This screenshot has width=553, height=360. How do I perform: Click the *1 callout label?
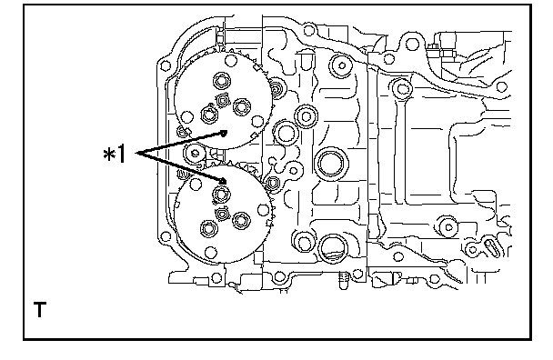click(x=115, y=155)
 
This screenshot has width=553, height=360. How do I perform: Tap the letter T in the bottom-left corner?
click(x=39, y=309)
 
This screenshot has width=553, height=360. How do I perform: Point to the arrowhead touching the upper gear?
click(x=224, y=134)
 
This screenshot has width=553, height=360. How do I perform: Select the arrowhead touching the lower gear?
click(x=222, y=181)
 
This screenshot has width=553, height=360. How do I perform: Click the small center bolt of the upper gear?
click(x=223, y=101)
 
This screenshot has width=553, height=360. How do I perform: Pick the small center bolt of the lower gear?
click(x=222, y=214)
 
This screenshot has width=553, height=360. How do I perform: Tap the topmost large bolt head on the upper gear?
click(x=222, y=81)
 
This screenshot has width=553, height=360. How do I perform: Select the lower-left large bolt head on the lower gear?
click(x=209, y=229)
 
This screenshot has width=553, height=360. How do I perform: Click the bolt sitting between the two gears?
click(x=195, y=154)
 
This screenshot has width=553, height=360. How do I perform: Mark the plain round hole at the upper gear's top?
click(x=231, y=61)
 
